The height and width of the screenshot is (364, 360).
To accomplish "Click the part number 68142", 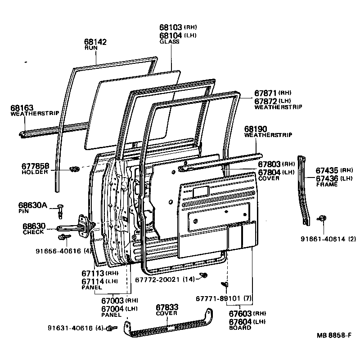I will coord(95,42).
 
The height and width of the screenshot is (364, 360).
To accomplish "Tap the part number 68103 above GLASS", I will coord(171,27).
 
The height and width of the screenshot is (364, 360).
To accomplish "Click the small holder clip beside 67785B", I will coord(75,169).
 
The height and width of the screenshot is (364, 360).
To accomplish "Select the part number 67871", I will coord(266,93).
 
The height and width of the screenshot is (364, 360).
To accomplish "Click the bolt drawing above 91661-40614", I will coord(322,218).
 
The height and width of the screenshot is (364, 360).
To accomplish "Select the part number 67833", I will coord(167,307).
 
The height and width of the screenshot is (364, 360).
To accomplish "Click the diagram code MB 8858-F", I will coord(333,336).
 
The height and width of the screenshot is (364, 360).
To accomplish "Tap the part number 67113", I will coord(93,273).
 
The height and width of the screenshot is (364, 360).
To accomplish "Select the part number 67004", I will coord(112,309).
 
